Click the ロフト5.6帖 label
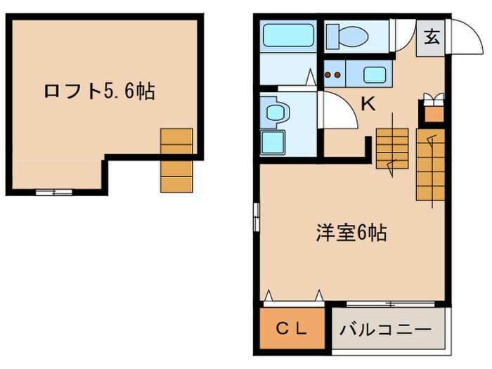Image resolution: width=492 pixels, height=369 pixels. (x=99, y=91)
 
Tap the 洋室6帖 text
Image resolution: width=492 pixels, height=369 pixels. (x=350, y=233)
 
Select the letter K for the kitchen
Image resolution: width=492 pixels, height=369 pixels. (x=368, y=104)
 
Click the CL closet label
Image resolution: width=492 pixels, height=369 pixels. (x=290, y=328)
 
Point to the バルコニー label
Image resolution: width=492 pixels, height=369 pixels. (x=386, y=328)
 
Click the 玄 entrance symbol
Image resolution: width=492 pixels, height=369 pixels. (x=432, y=37)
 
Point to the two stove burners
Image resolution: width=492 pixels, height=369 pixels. (x=335, y=73)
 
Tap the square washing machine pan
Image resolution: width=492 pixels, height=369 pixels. (x=274, y=141)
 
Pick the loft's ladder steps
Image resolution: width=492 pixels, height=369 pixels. (x=176, y=160)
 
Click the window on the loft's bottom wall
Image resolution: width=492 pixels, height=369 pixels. (x=54, y=191)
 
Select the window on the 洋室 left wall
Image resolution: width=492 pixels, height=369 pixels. (x=257, y=215)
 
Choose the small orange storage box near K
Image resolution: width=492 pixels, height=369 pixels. (x=434, y=112)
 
